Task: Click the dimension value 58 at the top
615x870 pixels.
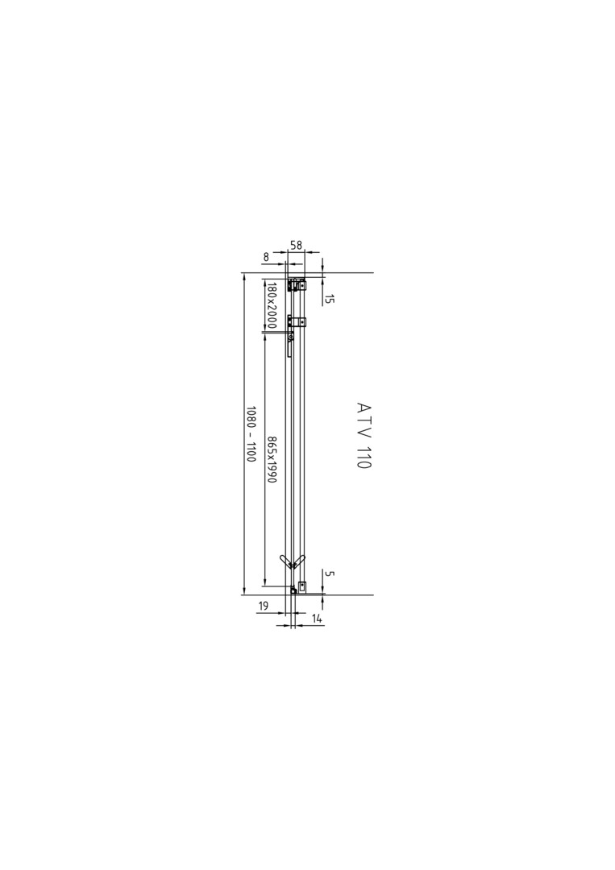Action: [x=296, y=245]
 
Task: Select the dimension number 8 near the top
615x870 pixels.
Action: [x=266, y=257]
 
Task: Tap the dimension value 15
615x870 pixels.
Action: [x=329, y=299]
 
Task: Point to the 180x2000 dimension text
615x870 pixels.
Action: [x=272, y=305]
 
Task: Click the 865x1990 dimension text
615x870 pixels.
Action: [x=272, y=459]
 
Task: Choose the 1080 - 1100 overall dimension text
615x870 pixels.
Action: [x=251, y=435]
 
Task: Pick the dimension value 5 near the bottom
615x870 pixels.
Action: [x=329, y=574]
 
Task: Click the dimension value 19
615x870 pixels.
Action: [x=263, y=606]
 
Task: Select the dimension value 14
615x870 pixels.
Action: [x=318, y=617]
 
